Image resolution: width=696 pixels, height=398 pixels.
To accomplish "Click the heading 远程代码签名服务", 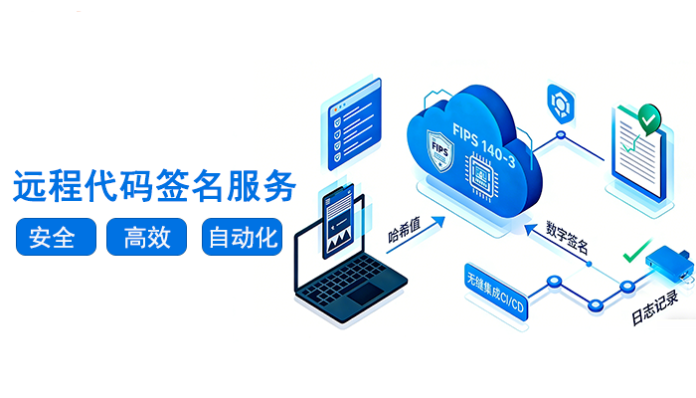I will [154, 186].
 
